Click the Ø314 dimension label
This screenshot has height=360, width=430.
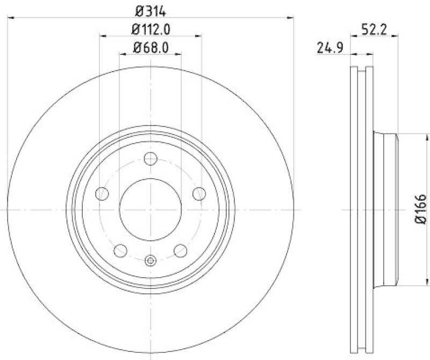click(151, 10)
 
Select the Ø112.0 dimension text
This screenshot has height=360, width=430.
click(151, 29)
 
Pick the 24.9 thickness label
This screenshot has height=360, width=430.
click(329, 49)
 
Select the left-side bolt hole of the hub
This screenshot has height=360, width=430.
click(101, 193)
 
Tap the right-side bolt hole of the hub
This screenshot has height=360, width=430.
click(200, 193)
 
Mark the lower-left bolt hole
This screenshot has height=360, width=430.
click(120, 250)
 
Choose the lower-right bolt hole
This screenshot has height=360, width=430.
click(181, 250)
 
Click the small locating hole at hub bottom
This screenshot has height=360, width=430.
click(150, 261)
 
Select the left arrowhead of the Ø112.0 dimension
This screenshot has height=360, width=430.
click(103, 36)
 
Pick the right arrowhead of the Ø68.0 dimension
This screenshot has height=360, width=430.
click(178, 54)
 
